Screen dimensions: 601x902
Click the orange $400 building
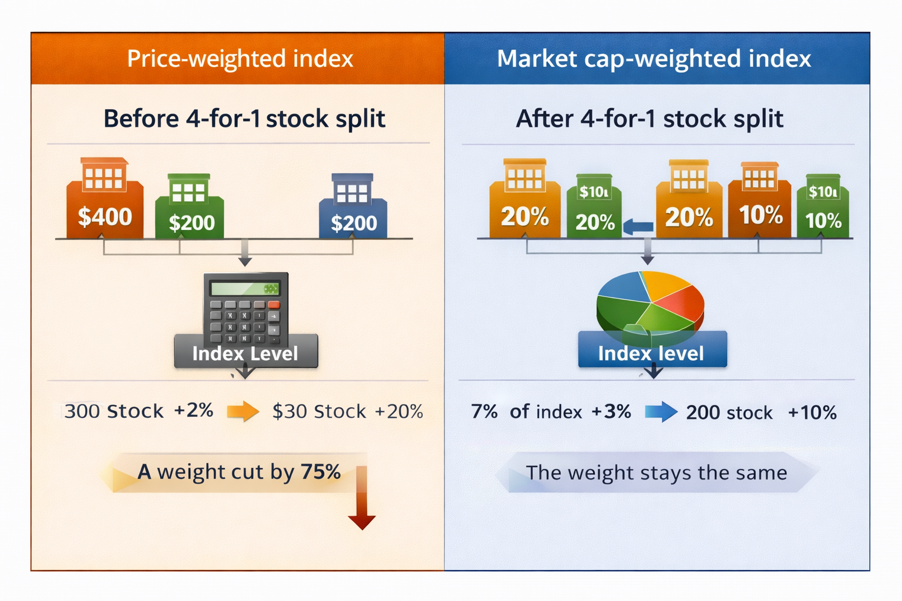(105, 202)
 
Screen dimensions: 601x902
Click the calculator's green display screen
(244, 289)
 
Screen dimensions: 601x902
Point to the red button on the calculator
(274, 305)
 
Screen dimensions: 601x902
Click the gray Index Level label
(245, 353)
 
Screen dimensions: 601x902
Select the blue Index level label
(651, 353)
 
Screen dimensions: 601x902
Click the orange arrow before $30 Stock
(243, 411)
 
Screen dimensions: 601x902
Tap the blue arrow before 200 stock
(661, 411)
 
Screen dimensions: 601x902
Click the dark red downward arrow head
(362, 521)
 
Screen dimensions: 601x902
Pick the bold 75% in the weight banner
(321, 471)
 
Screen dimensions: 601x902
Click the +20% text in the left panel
(399, 411)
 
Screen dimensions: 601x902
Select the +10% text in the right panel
(812, 412)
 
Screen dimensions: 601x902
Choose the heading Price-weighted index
(240, 59)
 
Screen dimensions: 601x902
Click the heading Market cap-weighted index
(654, 59)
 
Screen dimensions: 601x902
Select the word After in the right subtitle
(544, 119)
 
